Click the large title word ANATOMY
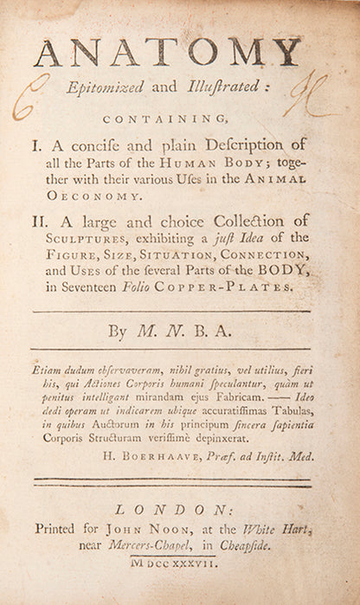(168, 53)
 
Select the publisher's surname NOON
(168, 533)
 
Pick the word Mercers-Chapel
(124, 551)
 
